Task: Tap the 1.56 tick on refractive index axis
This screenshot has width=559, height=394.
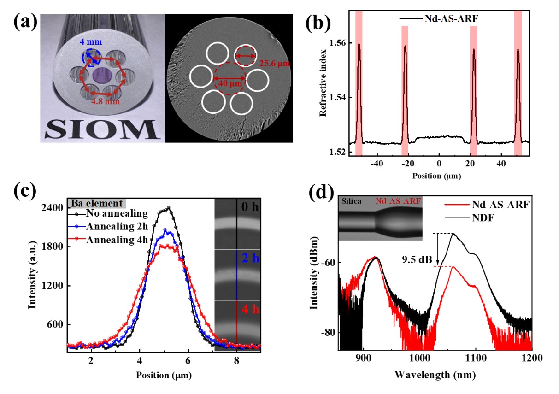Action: pyautogui.click(x=338, y=43)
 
